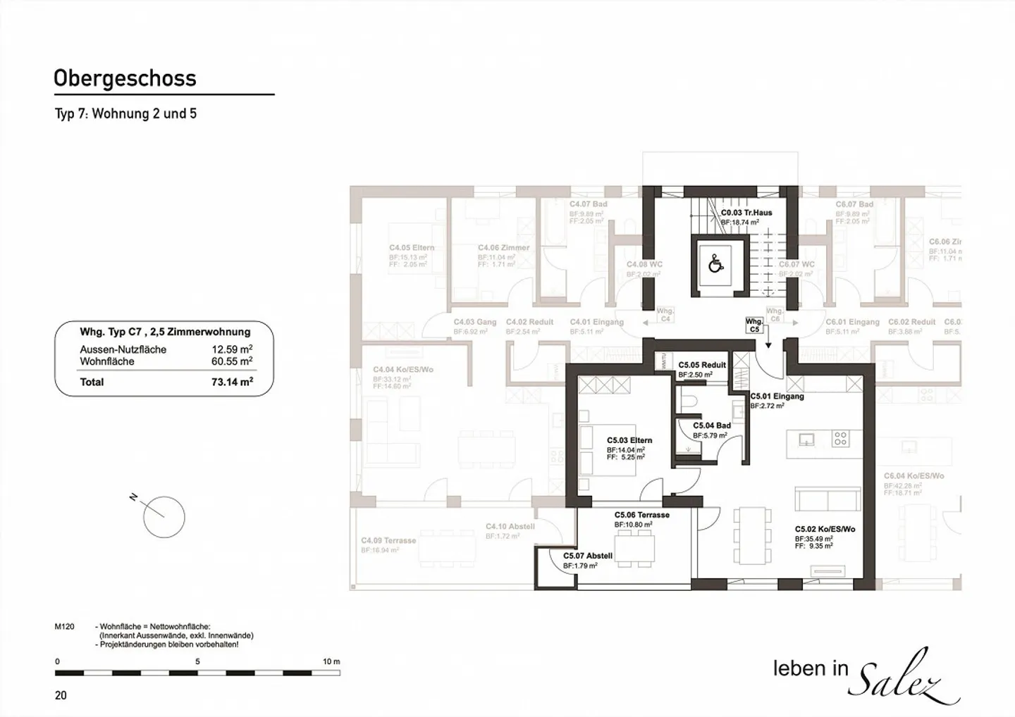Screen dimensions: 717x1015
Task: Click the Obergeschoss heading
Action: click(125, 78)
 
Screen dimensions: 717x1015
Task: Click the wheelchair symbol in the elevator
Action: click(716, 264)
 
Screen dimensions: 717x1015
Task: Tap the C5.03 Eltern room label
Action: click(629, 440)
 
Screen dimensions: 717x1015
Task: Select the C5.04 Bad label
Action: click(711, 425)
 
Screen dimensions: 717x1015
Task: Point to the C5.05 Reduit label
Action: click(702, 365)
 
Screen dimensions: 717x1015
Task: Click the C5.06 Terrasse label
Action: click(641, 515)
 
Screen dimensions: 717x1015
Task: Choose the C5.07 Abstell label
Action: click(587, 556)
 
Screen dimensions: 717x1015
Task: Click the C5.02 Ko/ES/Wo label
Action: click(825, 529)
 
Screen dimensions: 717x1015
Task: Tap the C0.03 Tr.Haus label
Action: click(746, 212)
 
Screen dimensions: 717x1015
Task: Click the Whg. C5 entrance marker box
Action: click(754, 325)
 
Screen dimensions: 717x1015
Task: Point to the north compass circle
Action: click(164, 518)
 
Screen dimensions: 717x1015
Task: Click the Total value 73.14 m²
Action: click(227, 382)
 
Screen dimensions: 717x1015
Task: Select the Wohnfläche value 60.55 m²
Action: click(232, 361)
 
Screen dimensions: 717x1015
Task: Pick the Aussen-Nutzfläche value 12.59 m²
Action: click(232, 349)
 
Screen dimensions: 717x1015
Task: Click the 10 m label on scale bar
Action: click(331, 661)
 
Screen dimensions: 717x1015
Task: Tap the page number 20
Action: click(61, 695)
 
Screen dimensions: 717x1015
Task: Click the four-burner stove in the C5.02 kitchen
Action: click(840, 439)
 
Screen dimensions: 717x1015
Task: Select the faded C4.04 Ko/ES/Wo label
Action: click(403, 369)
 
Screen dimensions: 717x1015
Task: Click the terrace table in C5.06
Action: click(634, 546)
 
